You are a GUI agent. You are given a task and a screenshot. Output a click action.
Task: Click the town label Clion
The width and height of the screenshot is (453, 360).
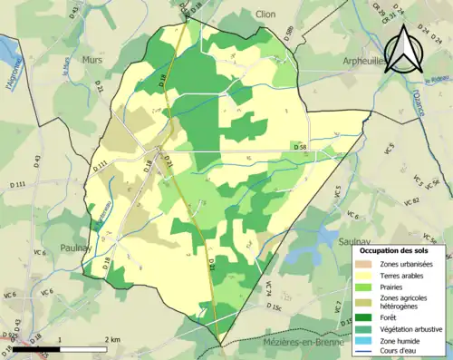click(x=265, y=15)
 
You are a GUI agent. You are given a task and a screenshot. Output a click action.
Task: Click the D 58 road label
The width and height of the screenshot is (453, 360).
click(x=300, y=146)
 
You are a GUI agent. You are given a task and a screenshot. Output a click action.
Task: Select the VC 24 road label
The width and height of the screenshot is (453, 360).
click(x=268, y=288)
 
